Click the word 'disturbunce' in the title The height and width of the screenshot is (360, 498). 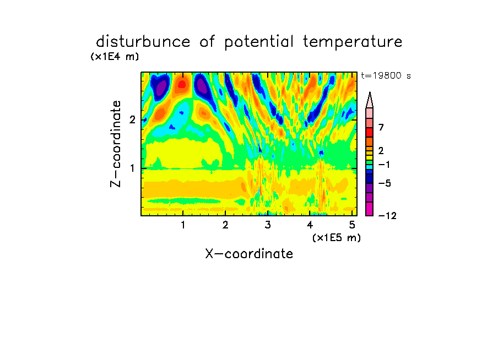click(143, 41)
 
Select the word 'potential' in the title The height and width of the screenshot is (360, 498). click(259, 42)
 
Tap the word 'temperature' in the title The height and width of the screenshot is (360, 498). click(353, 42)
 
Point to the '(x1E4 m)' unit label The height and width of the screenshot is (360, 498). click(115, 57)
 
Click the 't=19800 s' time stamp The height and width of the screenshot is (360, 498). click(386, 75)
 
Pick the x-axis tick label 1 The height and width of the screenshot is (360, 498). click(183, 225)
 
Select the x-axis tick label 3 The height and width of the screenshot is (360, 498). click(268, 225)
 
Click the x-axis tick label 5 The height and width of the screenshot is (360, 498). click(352, 225)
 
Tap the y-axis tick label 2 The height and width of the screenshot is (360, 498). click(132, 119)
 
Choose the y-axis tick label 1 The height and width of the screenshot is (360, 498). click(132, 168)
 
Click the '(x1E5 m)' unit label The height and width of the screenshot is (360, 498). click(337, 237)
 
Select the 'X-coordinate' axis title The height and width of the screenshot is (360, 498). click(249, 254)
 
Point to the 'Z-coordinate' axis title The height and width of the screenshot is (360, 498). click(115, 144)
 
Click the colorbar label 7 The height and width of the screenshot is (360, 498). click(381, 128)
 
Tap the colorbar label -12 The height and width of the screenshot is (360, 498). click(387, 216)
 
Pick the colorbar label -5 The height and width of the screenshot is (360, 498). click(385, 183)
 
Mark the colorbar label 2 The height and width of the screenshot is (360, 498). click(381, 150)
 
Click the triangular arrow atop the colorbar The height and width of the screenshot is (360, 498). click(370, 100)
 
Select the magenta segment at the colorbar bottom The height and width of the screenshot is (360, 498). click(370, 209)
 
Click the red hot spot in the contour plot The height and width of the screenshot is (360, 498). click(182, 84)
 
